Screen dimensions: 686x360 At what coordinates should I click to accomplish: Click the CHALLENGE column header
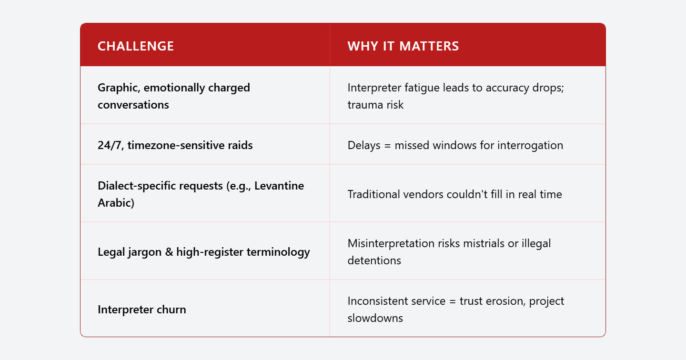click(136, 46)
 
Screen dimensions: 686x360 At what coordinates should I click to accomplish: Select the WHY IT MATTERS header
click(403, 46)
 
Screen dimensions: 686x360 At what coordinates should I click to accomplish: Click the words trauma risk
click(375, 105)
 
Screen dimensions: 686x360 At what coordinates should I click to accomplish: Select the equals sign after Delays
click(387, 146)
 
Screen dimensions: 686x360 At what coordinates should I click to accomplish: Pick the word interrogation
click(530, 146)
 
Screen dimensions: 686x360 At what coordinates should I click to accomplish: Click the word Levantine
click(279, 186)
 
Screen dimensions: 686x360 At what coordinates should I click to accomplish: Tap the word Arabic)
click(116, 203)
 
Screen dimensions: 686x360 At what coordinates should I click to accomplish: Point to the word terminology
click(278, 252)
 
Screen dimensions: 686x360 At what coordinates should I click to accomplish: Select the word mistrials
click(484, 244)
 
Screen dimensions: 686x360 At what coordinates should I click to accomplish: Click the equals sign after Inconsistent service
click(453, 301)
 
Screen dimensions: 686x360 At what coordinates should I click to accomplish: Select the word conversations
click(133, 105)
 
